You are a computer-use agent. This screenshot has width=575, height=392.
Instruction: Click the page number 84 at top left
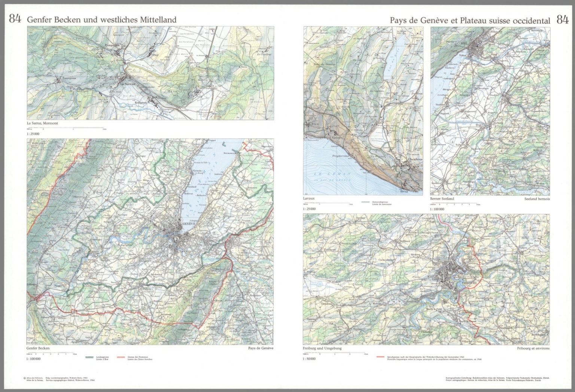pos(15,19)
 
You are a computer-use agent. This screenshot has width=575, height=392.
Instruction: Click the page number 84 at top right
pos(562,20)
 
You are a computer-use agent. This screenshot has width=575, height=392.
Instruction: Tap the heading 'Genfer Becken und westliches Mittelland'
pos(101,20)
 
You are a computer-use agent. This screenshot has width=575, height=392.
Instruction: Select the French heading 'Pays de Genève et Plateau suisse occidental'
pos(470,21)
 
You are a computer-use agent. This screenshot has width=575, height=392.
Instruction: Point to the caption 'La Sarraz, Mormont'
pos(42,123)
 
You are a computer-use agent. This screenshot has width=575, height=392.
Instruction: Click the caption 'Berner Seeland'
pos(442,199)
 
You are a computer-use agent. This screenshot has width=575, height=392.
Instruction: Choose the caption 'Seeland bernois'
pos(537,199)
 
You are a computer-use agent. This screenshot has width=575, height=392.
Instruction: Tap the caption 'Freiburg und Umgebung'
pos(322,348)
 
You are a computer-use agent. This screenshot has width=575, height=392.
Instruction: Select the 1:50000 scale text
pos(309,359)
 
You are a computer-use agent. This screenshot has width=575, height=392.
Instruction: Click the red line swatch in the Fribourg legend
pos(381,357)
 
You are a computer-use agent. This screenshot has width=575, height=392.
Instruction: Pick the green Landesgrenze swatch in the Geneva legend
pos(89,357)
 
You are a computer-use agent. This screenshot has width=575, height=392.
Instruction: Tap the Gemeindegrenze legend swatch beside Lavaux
pos(365,202)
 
